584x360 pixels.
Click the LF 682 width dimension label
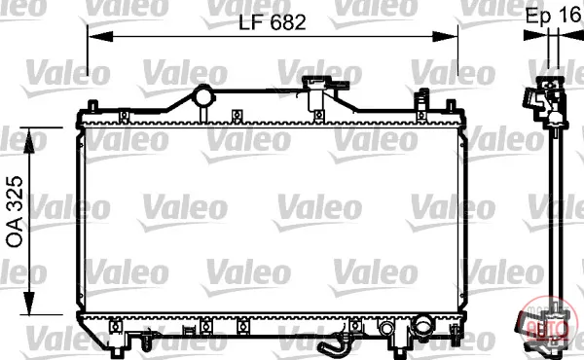273,22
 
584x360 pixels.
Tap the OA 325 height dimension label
15,211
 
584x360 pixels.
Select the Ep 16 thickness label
554,16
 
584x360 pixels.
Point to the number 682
288,22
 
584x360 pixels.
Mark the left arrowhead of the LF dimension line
100,36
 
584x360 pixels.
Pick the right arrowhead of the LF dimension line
445,36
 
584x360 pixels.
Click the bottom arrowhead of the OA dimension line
29,303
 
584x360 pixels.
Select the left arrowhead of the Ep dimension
535,35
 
